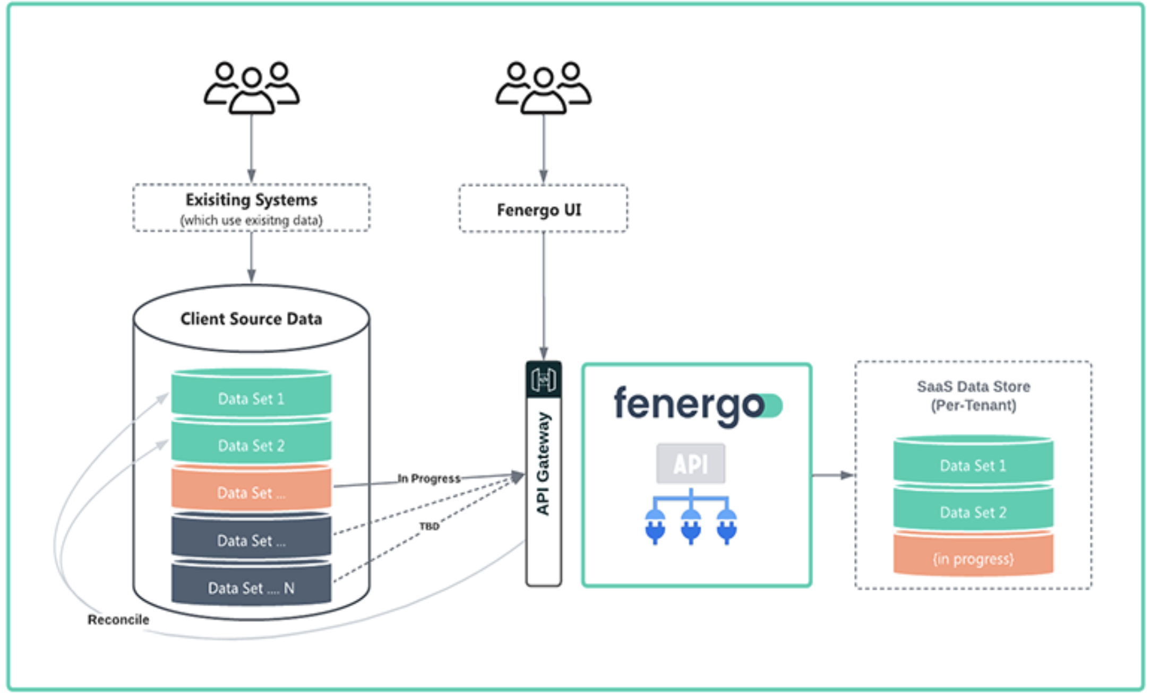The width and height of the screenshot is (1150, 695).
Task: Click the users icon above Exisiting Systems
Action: (252, 88)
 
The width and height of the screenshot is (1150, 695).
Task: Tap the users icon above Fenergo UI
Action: (543, 88)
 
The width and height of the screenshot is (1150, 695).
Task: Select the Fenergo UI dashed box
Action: (543, 209)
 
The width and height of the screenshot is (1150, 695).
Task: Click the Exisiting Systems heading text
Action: (251, 200)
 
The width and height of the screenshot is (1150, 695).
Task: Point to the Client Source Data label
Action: (251, 319)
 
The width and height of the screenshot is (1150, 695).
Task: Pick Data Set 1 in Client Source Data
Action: (251, 398)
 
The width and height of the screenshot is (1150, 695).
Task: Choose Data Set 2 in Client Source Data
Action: (251, 445)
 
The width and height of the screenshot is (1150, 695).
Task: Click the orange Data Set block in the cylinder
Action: (251, 492)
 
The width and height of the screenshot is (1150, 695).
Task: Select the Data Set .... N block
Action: (251, 587)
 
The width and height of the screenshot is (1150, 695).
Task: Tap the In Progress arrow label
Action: (429, 478)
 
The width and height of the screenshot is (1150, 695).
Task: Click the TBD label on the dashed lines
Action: (430, 526)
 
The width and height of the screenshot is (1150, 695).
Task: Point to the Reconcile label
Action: (118, 620)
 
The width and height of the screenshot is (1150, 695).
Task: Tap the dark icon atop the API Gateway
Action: (543, 379)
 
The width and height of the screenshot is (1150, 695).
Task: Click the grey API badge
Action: (691, 464)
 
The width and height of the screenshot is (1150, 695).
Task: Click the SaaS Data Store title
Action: (973, 395)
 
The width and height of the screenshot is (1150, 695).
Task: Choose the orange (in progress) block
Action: (973, 558)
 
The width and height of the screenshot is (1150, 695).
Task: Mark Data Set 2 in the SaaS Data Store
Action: (973, 512)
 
